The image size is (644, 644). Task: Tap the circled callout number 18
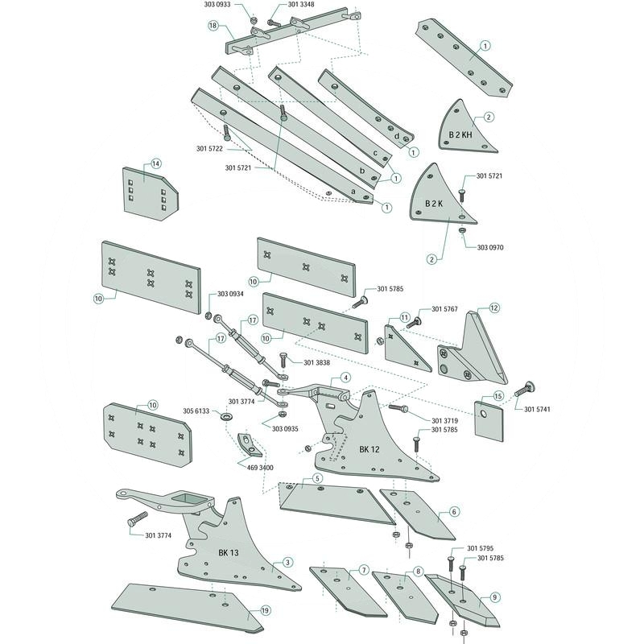pyautogui.click(x=213, y=26)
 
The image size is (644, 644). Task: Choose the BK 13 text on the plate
pyautogui.click(x=229, y=553)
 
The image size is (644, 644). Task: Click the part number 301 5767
pyautogui.click(x=444, y=309)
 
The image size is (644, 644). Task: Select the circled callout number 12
pyautogui.click(x=494, y=308)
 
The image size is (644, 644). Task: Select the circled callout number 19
pyautogui.click(x=263, y=613)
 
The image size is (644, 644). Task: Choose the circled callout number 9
pyautogui.click(x=494, y=597)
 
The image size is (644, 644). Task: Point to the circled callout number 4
pyautogui.click(x=345, y=377)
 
